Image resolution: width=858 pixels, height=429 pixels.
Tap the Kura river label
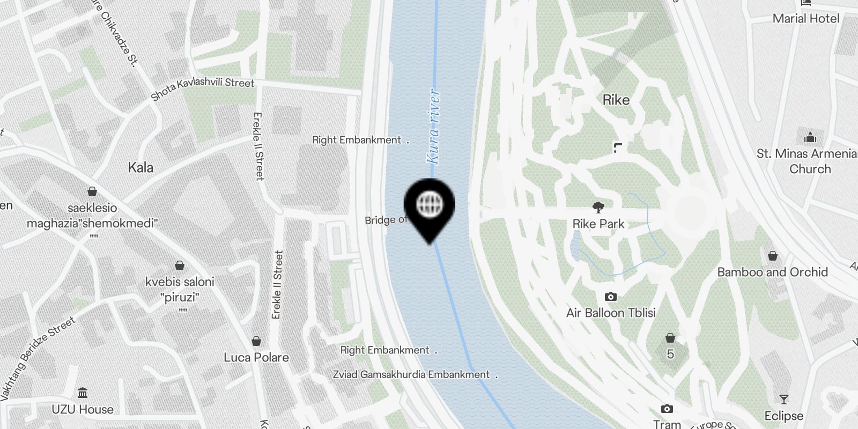point(433,127)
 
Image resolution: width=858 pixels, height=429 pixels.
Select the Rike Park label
point(598,224)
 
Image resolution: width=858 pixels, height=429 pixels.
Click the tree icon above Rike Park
point(598,207)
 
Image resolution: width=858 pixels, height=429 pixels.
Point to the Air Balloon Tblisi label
point(611,313)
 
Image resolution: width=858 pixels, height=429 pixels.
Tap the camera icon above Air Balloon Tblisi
point(610,297)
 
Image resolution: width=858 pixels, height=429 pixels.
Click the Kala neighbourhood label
point(140,168)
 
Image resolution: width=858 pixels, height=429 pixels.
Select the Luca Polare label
point(256,357)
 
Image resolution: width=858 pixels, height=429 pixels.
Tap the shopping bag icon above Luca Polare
point(256,341)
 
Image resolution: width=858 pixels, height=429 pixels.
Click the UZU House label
point(83,409)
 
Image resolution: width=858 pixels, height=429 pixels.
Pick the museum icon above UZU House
point(83,393)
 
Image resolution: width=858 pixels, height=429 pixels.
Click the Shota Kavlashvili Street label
point(203,88)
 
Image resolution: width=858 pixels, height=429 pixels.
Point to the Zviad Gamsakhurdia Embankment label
point(411,374)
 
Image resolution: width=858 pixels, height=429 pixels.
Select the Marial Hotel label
point(806,19)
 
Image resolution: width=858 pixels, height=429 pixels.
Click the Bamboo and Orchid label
point(772,272)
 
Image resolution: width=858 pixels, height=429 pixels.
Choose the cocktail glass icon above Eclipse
point(783,400)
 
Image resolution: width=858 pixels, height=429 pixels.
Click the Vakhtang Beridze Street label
point(38,359)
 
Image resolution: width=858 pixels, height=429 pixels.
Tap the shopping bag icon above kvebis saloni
point(180,265)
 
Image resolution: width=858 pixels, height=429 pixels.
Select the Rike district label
point(616,100)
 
